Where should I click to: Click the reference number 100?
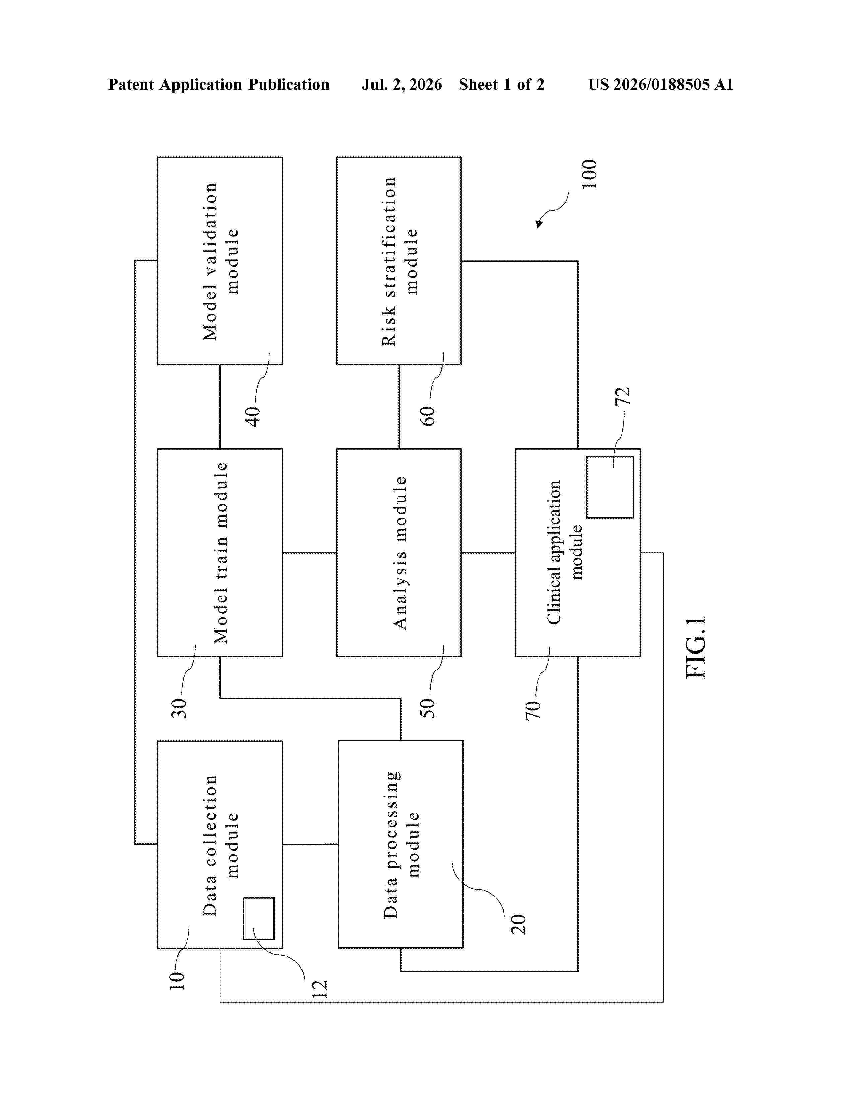(589, 174)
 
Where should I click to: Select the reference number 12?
(319, 988)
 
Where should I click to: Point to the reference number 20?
(518, 925)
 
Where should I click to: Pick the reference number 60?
(428, 416)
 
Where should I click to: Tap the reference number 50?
(428, 708)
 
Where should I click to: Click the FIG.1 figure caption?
(696, 648)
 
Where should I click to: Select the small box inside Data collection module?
(259, 918)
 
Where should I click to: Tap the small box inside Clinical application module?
(610, 487)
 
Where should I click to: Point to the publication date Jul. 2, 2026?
(402, 84)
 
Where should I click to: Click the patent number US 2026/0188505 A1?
(661, 84)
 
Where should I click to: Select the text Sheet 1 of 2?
(501, 84)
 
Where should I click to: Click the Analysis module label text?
(400, 552)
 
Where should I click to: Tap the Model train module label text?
(221, 552)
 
